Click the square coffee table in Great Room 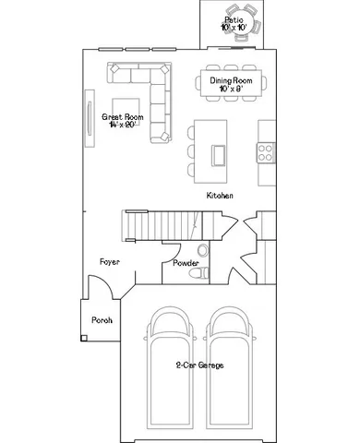point(127,109)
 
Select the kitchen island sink point(222,153)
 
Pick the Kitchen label point(219,197)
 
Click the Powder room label point(186,263)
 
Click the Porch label point(101,320)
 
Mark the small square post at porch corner point(83,339)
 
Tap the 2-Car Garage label point(199,365)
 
